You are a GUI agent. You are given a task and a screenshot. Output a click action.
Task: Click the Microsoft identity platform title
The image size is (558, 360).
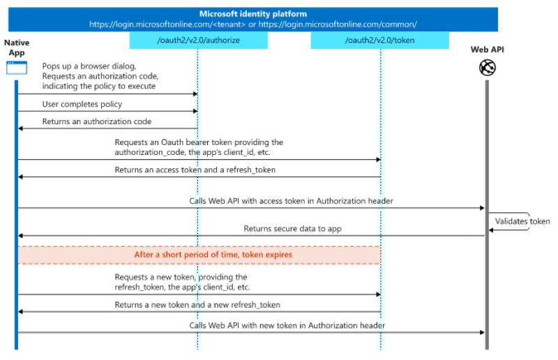pos(253,14)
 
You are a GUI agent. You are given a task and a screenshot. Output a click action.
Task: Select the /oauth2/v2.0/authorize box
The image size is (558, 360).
pos(198,40)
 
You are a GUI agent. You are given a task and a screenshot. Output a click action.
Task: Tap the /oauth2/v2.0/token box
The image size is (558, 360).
pos(379,40)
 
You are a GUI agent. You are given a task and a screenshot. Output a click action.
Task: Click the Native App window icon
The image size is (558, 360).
pos(17,68)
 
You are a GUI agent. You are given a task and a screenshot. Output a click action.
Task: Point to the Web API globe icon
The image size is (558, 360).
pos(486,68)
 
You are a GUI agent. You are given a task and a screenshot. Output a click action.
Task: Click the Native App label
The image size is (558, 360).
pos(17,47)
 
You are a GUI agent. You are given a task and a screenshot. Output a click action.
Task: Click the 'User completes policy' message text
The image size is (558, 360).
pos(82,104)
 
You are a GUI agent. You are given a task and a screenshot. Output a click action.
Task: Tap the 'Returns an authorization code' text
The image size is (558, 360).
pos(97,121)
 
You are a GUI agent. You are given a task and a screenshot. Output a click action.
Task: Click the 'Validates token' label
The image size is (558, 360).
pos(522,221)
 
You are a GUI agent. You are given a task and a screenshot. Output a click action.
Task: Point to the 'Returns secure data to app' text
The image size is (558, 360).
pos(292,228)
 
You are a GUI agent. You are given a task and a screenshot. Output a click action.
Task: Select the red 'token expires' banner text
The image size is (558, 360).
pos(213,255)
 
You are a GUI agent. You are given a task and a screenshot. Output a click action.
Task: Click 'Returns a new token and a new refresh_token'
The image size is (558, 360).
pos(197,304)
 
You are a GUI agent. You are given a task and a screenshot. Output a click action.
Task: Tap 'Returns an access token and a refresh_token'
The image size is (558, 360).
pos(198,170)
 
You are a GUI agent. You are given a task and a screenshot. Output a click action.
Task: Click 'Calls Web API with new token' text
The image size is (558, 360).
pos(287,325)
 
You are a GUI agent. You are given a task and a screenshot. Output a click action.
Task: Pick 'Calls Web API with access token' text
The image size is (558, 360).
pos(291,201)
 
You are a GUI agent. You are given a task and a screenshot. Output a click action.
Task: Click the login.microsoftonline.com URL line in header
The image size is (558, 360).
pos(253,24)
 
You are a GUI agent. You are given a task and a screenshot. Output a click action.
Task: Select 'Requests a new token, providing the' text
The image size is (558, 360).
pos(181,277)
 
